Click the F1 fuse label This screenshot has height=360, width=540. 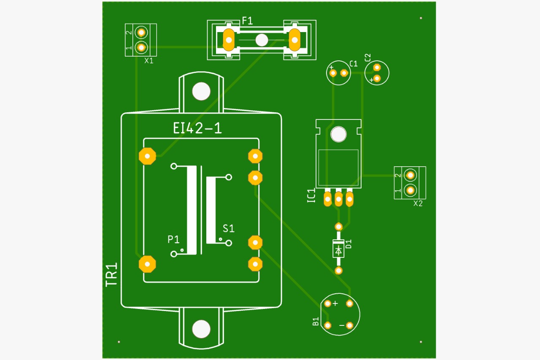(x=247, y=20)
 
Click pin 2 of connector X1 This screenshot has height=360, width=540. (x=141, y=32)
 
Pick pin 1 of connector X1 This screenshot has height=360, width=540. (x=141, y=47)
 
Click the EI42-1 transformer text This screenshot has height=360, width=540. (x=197, y=128)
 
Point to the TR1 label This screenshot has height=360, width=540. (x=111, y=275)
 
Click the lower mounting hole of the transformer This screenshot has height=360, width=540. (x=201, y=329)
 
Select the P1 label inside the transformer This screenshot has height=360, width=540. (x=173, y=240)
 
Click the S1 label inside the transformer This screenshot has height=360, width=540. (x=229, y=229)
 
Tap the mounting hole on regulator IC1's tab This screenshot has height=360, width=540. (x=338, y=134)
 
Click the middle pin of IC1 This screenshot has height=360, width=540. (x=338, y=199)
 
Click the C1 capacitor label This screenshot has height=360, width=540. (x=354, y=64)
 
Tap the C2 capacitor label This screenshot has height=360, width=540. (x=367, y=57)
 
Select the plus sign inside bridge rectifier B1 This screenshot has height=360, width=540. (x=335, y=303)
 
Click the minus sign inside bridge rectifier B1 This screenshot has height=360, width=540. (x=341, y=326)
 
